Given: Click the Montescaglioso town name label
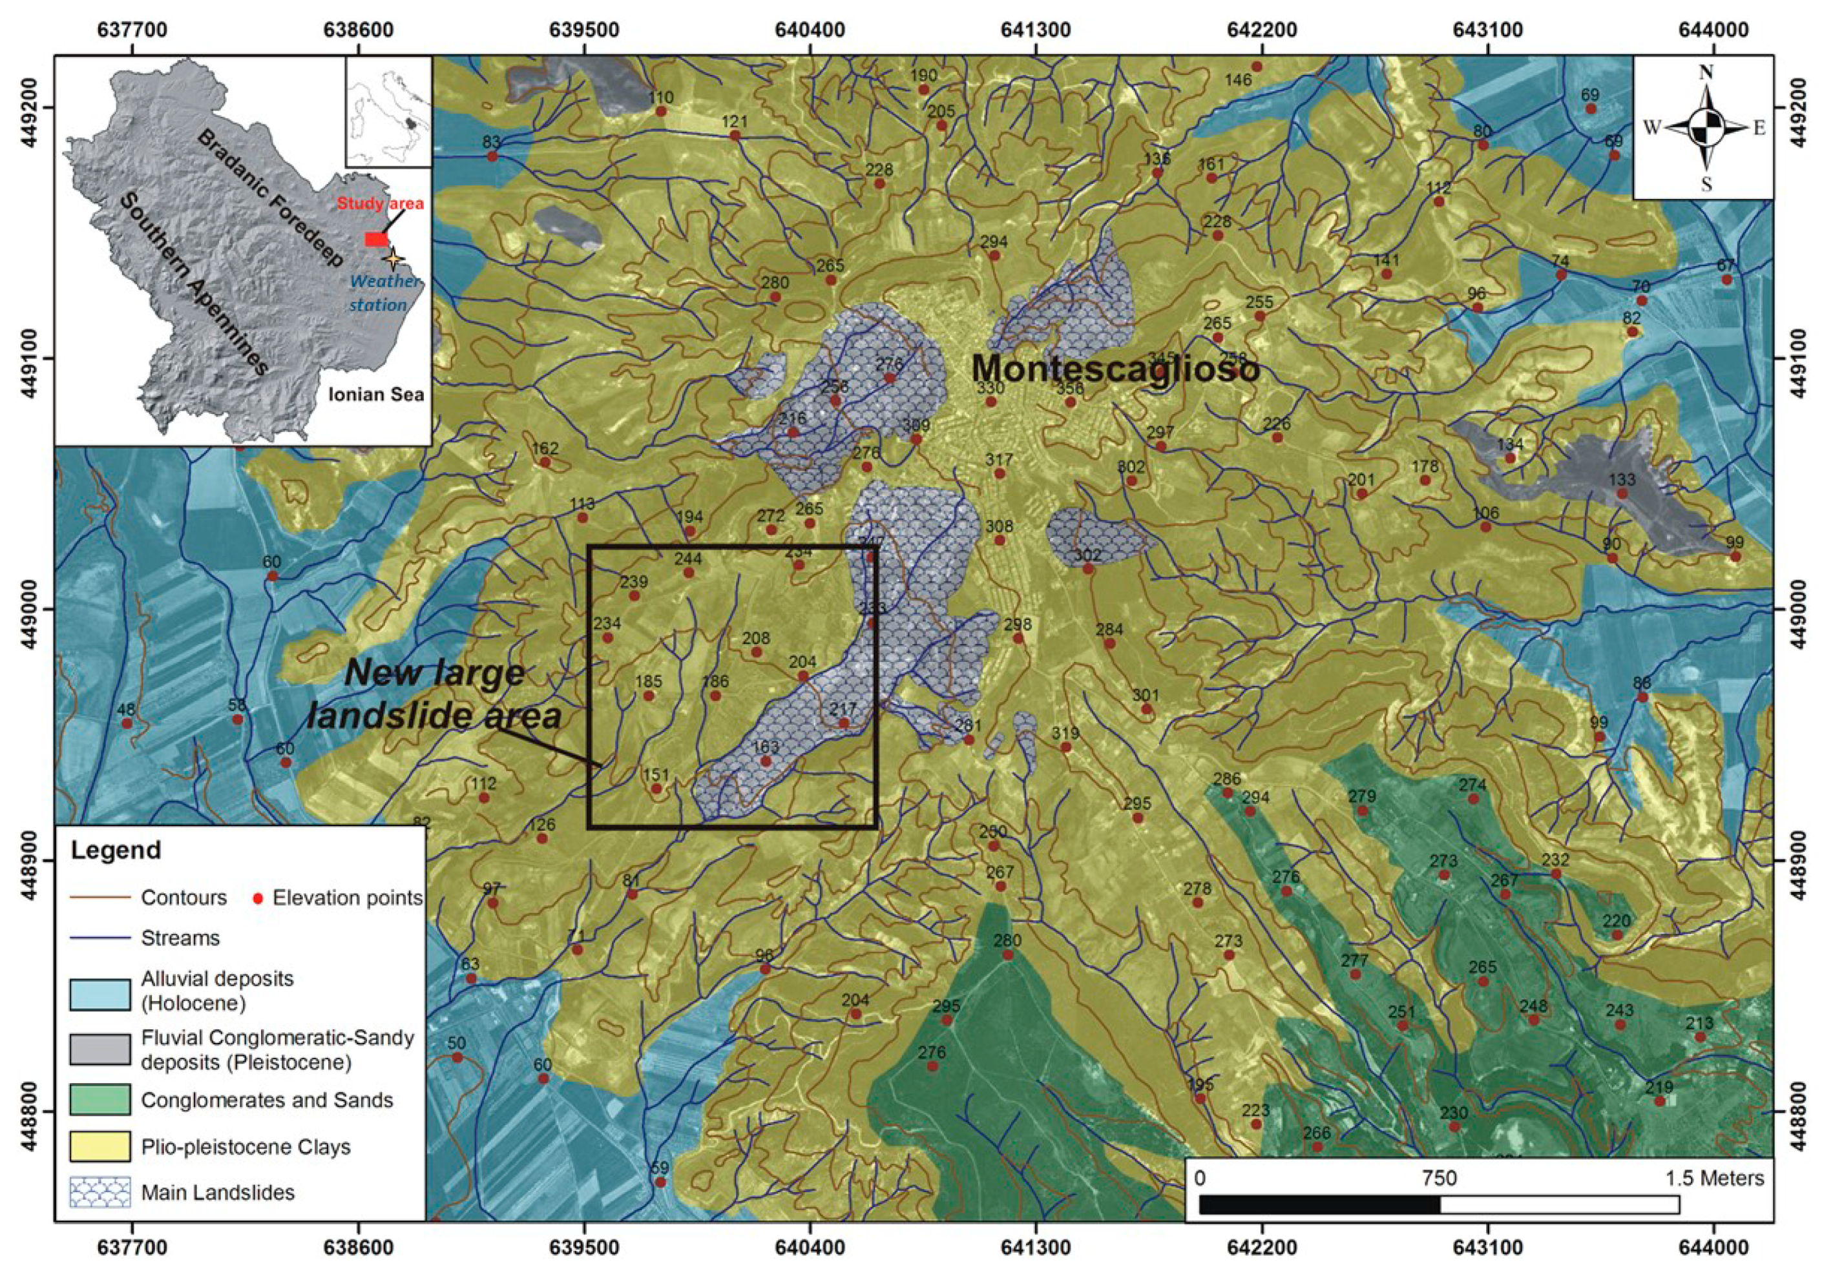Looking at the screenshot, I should tap(1115, 368).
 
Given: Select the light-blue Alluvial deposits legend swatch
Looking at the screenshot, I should tap(100, 995).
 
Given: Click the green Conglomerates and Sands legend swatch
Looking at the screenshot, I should tap(100, 1099).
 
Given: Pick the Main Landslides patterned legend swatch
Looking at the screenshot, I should tap(100, 1192).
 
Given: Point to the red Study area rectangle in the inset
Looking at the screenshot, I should tap(376, 240).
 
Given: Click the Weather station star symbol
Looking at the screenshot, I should tap(392, 258).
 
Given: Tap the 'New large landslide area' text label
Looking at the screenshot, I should tap(435, 694).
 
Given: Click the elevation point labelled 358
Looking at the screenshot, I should tap(1071, 402).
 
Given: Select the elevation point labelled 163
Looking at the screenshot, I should tap(766, 761).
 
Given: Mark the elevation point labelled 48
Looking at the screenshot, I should tap(126, 723).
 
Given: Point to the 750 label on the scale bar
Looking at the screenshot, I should tap(1439, 1179).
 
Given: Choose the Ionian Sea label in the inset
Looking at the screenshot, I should tap(376, 394).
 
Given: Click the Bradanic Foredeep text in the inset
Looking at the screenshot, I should tap(270, 197).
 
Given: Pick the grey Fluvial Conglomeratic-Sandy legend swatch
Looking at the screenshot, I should tap(100, 1049).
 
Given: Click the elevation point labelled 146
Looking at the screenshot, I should tap(1257, 67).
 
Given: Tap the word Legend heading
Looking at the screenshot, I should tap(116, 850).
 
